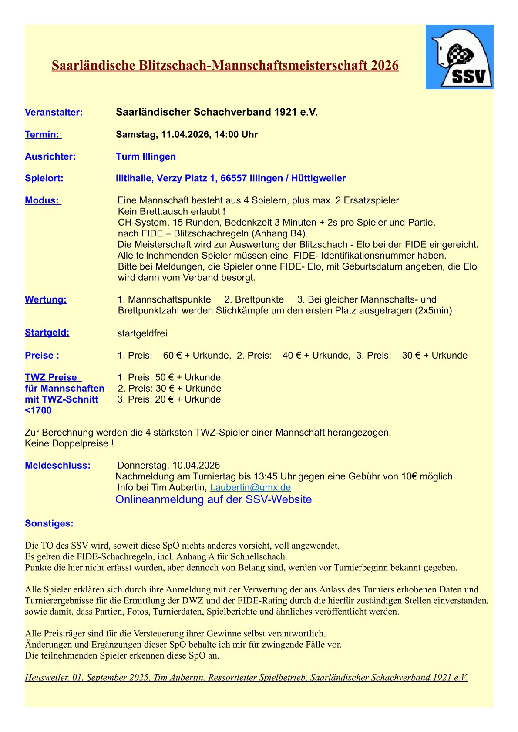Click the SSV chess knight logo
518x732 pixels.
point(459,57)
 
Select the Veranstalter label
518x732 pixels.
point(54,113)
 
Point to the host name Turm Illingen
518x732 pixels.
point(146,156)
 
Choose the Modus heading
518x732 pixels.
point(42,200)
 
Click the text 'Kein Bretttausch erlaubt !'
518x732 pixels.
point(172,212)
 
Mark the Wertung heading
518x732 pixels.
point(46,299)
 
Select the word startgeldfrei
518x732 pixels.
point(142,333)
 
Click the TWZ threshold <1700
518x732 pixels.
point(38,411)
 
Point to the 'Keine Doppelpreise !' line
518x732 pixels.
point(69,444)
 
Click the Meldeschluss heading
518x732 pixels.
point(57,466)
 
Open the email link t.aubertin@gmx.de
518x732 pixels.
point(250,488)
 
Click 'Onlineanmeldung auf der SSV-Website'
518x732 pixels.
point(213,499)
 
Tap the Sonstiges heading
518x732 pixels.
point(49,523)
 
